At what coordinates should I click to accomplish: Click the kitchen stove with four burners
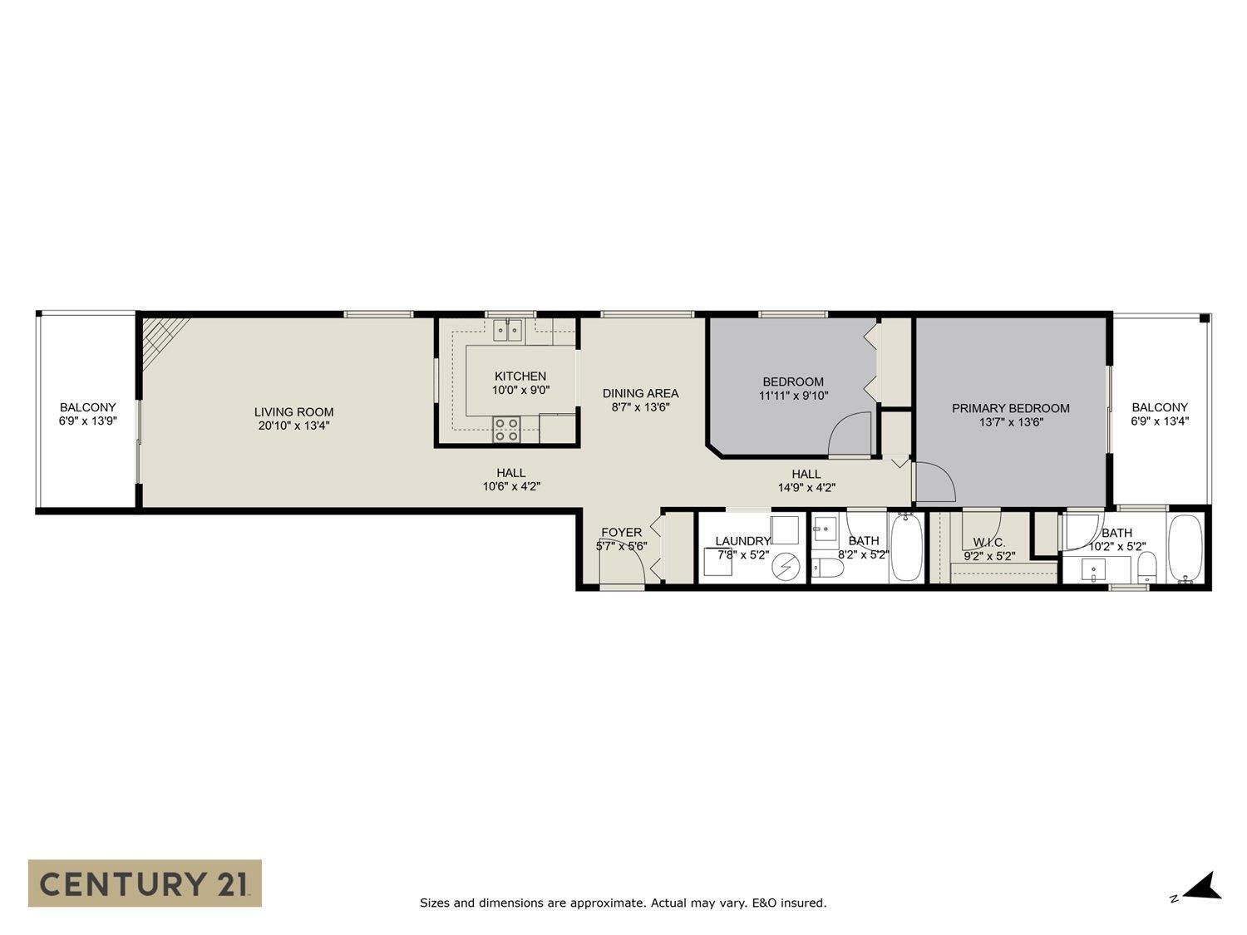point(507,429)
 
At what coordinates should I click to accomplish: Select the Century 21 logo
point(145,883)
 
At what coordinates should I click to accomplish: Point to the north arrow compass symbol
point(1202,887)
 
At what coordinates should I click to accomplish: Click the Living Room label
point(293,411)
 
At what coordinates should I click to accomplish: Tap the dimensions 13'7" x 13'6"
point(1010,422)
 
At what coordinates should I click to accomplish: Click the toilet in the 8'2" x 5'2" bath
point(828,568)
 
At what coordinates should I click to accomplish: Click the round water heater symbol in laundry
point(784,567)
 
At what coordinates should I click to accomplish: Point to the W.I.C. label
point(989,542)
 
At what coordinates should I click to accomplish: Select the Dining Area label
point(640,393)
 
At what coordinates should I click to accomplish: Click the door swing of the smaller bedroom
point(850,434)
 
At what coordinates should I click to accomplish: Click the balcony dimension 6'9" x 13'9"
point(87,421)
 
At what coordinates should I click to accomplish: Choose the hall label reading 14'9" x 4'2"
point(806,488)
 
